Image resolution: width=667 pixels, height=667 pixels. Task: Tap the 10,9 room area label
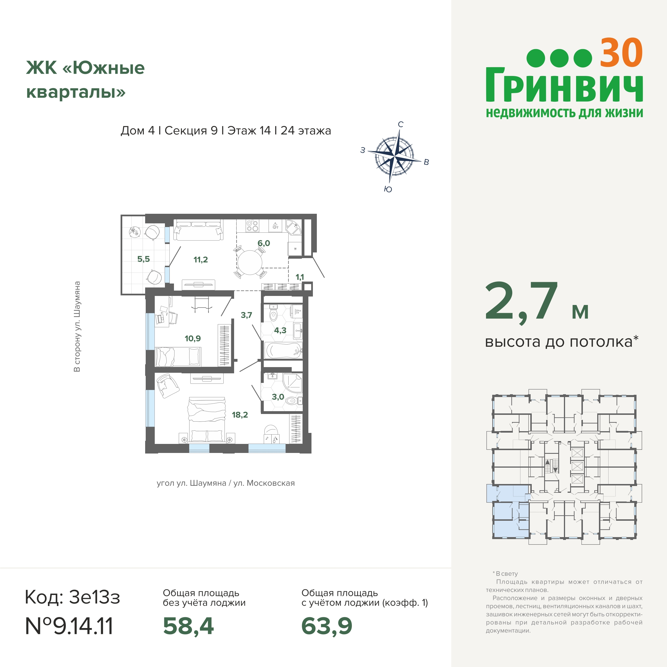pyautogui.click(x=193, y=338)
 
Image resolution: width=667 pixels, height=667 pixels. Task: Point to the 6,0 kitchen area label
pyautogui.click(x=264, y=243)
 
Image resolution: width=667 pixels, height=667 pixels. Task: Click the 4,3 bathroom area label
pyautogui.click(x=280, y=330)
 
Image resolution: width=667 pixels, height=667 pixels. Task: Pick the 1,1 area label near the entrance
pyautogui.click(x=300, y=277)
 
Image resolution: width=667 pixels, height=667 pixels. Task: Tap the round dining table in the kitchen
pyautogui.click(x=250, y=262)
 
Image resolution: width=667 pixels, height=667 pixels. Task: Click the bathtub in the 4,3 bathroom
pyautogui.click(x=283, y=351)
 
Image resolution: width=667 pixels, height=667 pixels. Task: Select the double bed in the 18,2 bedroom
pyautogui.click(x=206, y=419)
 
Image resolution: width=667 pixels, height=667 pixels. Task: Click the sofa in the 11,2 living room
pyautogui.click(x=198, y=230)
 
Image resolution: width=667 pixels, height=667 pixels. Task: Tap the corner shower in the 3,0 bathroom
pyautogui.click(x=292, y=383)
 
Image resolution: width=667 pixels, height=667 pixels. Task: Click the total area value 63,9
pyautogui.click(x=327, y=626)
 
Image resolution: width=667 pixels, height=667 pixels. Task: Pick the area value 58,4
pyautogui.click(x=188, y=626)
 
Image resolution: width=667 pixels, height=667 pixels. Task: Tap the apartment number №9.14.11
pyautogui.click(x=69, y=626)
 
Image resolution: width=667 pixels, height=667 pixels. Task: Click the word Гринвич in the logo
pyautogui.click(x=564, y=85)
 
